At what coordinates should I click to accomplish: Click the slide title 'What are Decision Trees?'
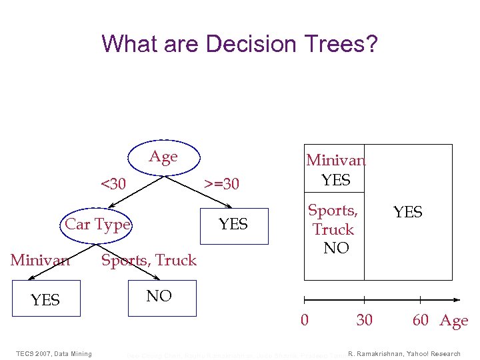(239, 44)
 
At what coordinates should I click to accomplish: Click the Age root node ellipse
(163, 157)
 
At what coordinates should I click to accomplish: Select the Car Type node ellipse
(98, 224)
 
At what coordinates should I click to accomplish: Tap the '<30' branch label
(113, 183)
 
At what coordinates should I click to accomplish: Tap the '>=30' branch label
(221, 183)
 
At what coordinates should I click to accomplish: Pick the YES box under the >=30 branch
(233, 224)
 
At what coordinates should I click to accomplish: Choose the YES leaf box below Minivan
(45, 300)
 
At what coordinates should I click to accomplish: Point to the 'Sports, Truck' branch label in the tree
(149, 260)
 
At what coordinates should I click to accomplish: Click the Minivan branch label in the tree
(40, 260)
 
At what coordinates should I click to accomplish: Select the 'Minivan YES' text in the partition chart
(335, 170)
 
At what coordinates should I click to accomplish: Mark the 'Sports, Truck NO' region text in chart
(333, 229)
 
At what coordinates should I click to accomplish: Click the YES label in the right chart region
(407, 212)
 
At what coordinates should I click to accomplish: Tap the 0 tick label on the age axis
(305, 320)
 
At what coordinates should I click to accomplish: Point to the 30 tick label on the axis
(365, 320)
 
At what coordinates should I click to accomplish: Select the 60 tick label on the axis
(421, 320)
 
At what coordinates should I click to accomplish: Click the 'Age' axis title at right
(454, 321)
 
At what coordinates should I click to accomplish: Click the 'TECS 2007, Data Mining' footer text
(54, 353)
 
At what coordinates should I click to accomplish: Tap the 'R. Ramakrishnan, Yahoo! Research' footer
(404, 353)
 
